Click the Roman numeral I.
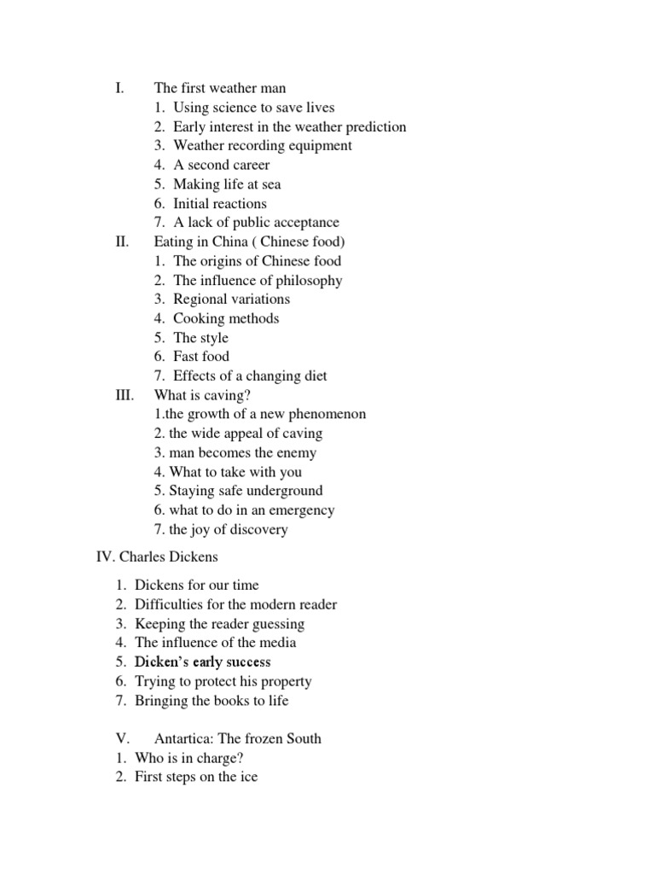click(119, 88)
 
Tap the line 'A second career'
click(221, 165)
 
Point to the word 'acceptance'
click(304, 223)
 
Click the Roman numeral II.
click(121, 242)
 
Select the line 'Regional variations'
click(231, 300)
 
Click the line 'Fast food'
click(200, 357)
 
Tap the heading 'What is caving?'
click(202, 395)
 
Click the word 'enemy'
click(297, 452)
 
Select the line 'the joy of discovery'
click(228, 529)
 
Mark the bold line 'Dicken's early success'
click(202, 662)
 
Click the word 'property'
click(285, 682)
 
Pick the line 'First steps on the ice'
click(195, 777)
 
